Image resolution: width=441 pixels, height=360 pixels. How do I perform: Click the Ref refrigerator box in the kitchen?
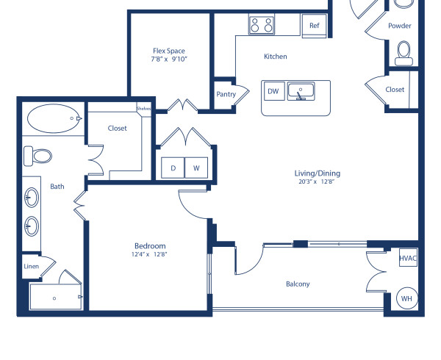[x=314, y=25]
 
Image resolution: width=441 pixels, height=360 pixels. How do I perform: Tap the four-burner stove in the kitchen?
[x=260, y=25]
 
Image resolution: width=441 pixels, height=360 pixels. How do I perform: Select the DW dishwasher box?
[x=273, y=91]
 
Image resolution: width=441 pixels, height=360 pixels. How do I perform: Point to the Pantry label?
[x=226, y=94]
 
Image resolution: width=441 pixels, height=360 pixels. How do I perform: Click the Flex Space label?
[x=169, y=51]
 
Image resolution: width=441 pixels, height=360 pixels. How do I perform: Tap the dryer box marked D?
[x=173, y=168]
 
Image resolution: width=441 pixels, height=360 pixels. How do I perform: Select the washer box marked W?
[x=196, y=168]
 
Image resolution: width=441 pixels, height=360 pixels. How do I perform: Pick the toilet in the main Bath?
[x=38, y=156]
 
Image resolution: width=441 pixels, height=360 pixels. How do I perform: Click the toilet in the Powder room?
[x=404, y=53]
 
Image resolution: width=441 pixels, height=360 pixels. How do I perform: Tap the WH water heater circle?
[x=406, y=298]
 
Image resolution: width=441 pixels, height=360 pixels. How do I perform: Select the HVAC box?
[x=408, y=259]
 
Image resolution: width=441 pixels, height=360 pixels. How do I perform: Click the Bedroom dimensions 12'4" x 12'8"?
[x=150, y=255]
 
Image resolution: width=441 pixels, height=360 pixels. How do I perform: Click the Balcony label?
[x=298, y=284]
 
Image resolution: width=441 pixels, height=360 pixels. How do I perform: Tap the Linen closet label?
[x=31, y=267]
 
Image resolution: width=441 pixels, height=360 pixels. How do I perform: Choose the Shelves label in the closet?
[x=144, y=109]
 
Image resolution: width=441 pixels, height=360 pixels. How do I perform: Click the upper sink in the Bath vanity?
[x=32, y=197]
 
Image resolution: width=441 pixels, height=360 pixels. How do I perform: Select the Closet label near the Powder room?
[x=395, y=90]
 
